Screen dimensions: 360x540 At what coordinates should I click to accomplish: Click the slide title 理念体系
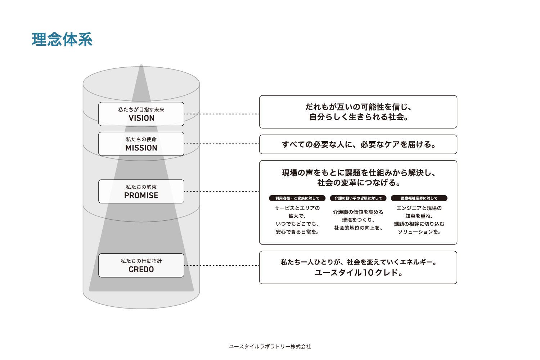(x=62, y=40)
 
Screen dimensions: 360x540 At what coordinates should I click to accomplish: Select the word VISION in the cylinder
(x=141, y=118)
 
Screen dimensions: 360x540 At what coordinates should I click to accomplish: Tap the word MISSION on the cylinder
(x=141, y=148)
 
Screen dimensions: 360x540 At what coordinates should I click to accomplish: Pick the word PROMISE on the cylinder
(x=141, y=195)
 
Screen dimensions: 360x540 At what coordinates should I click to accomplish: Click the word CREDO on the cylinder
(x=141, y=270)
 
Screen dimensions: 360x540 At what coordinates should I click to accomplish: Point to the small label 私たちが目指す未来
(x=141, y=109)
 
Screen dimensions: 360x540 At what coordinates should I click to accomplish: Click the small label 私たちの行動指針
(x=141, y=261)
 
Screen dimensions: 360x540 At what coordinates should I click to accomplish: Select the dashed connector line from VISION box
(x=221, y=114)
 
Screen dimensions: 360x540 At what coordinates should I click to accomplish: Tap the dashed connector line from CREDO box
(x=221, y=265)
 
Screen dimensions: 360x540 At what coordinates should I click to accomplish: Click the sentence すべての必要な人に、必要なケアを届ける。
(x=358, y=144)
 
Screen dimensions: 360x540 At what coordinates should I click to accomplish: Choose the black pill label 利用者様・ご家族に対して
(x=297, y=198)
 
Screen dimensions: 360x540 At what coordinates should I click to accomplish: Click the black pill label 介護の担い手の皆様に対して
(x=358, y=198)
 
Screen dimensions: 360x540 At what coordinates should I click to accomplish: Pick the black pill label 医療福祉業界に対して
(x=419, y=198)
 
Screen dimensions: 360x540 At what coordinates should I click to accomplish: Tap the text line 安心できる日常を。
(x=297, y=232)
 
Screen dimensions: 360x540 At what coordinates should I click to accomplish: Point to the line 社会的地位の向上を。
(x=358, y=228)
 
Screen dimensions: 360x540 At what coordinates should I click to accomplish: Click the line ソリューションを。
(x=419, y=232)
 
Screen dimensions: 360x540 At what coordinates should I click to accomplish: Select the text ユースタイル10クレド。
(x=358, y=273)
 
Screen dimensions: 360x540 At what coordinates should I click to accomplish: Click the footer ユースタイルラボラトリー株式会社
(x=270, y=346)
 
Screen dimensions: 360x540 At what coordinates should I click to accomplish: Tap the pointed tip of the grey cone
(x=141, y=66)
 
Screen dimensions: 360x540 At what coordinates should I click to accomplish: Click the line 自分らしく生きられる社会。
(x=358, y=117)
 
